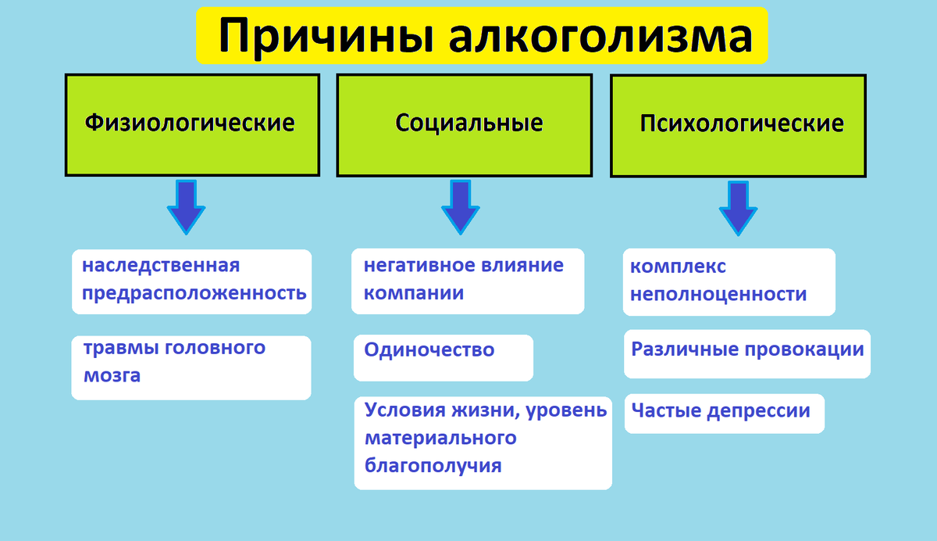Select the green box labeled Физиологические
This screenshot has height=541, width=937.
(x=191, y=124)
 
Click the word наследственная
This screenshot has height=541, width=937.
(x=161, y=266)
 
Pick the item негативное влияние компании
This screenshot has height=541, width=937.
(x=467, y=281)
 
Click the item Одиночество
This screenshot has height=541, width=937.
(x=429, y=349)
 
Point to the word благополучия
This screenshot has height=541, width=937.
(x=433, y=466)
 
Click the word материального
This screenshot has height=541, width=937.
(x=440, y=438)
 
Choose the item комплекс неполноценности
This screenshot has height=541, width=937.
(x=729, y=281)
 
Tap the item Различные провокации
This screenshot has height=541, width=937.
(x=747, y=349)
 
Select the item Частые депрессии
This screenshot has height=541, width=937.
(x=721, y=411)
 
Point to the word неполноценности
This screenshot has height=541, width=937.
(x=718, y=295)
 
